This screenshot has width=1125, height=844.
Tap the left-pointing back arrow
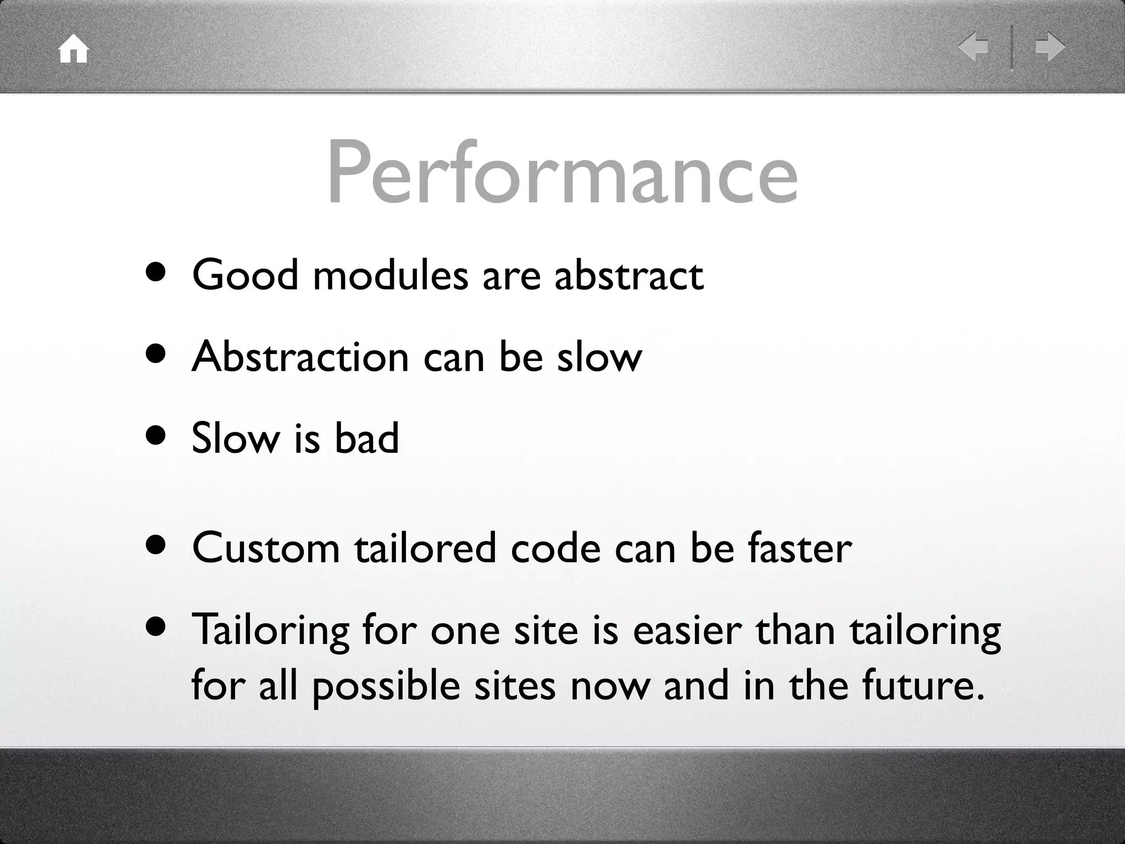click(x=973, y=47)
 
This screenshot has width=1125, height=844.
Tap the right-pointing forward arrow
click(x=1050, y=47)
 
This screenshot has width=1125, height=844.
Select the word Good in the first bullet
click(x=245, y=275)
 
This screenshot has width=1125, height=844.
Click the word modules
click(x=391, y=275)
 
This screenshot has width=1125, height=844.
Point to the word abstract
click(x=628, y=275)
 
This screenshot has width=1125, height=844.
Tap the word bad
click(x=366, y=438)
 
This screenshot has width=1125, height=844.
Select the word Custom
click(x=266, y=548)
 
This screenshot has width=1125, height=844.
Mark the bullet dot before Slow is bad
click(x=156, y=436)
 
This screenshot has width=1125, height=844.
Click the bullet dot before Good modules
click(x=156, y=272)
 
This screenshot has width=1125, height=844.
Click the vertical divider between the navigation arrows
click(x=1012, y=47)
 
